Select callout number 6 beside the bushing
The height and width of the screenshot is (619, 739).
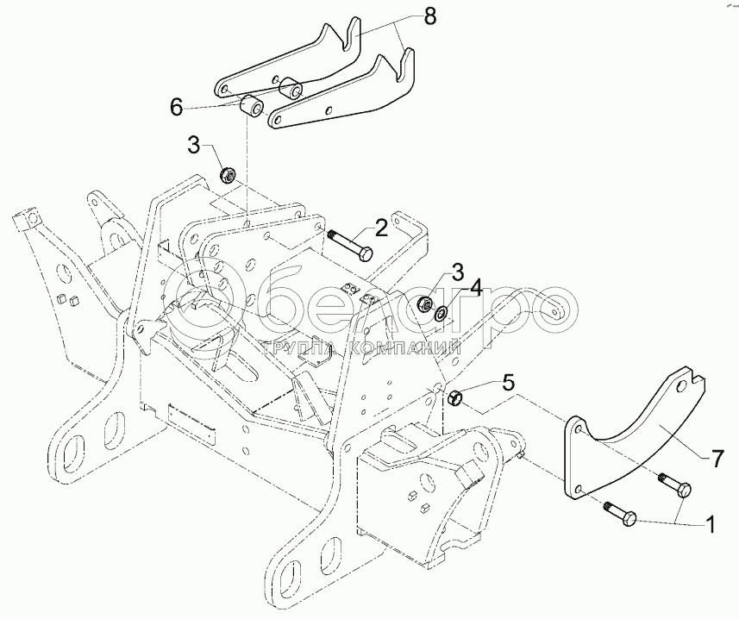point(176,107)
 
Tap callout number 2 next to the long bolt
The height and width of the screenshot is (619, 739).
point(380,228)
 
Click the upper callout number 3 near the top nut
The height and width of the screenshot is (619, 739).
point(195,144)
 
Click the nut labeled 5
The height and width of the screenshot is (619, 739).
point(458,397)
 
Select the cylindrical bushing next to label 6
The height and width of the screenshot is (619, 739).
point(253,109)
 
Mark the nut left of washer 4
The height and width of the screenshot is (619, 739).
point(423,304)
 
